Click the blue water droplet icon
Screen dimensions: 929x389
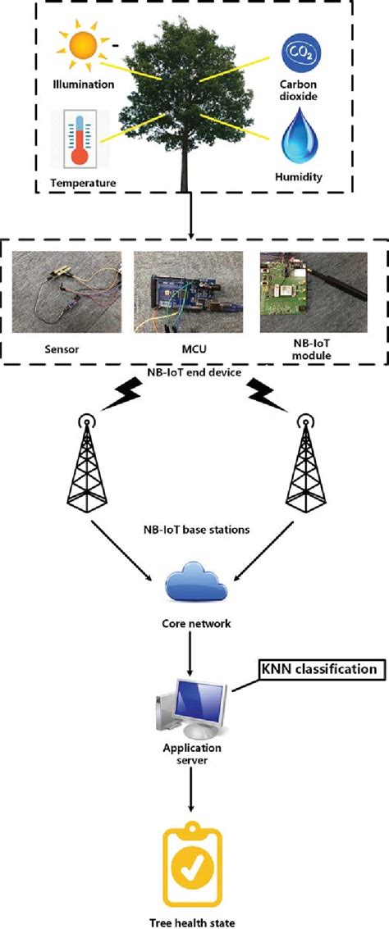point(299,139)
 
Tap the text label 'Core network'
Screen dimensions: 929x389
point(194,624)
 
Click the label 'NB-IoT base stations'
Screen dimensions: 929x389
point(194,529)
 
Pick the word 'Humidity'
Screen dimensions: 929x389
point(299,176)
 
